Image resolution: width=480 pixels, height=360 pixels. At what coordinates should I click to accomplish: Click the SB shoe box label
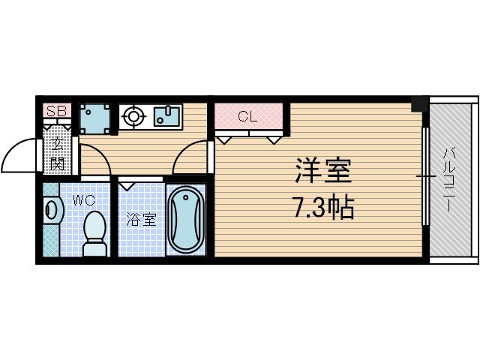point(56,112)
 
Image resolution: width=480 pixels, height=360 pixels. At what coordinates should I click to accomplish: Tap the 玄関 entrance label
point(57,154)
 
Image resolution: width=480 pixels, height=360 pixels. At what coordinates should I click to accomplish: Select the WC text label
point(83,200)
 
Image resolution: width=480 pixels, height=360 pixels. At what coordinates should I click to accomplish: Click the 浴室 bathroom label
point(141,220)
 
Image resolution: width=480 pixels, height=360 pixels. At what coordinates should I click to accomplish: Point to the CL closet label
point(247,116)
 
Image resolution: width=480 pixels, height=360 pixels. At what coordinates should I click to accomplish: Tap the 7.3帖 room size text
point(323,208)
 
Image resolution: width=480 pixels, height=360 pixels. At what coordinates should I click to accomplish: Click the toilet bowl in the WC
point(94,228)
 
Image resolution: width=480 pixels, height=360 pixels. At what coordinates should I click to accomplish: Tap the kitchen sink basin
point(167,115)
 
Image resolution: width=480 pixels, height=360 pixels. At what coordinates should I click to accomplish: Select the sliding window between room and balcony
point(424,177)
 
